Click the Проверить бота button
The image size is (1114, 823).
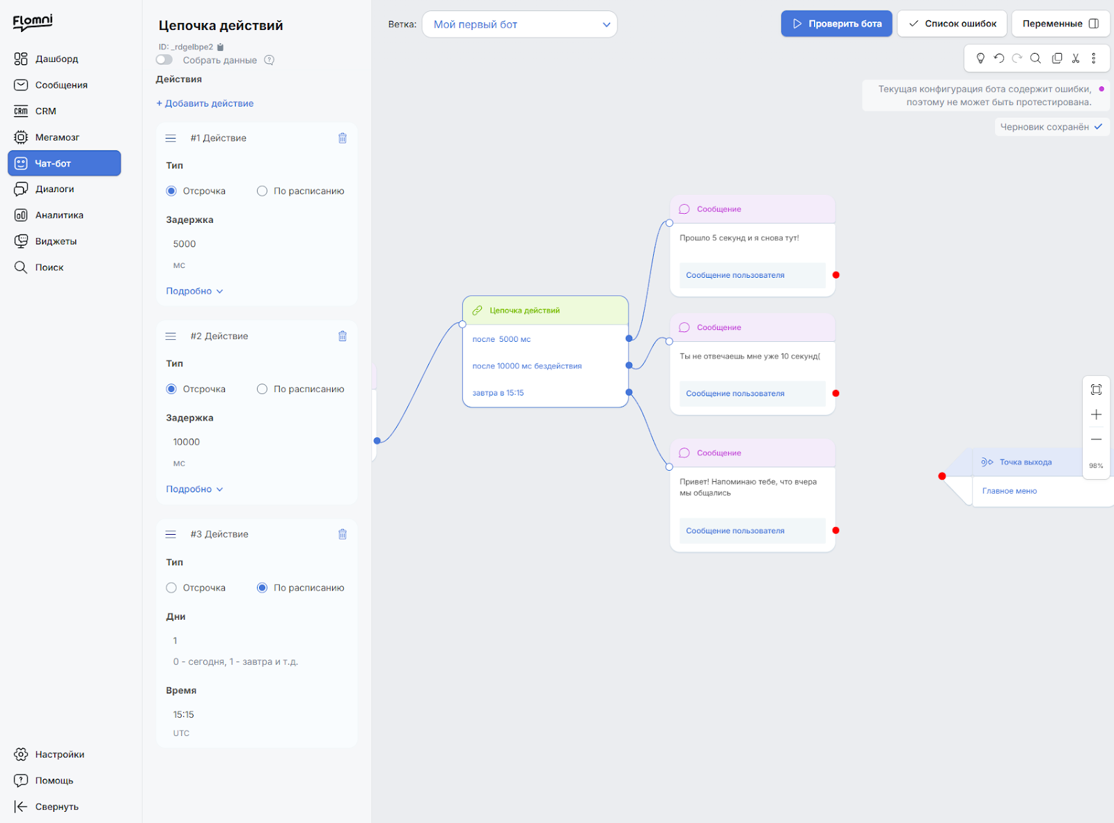tap(836, 24)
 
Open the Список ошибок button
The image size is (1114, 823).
tap(952, 24)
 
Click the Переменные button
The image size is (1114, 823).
tap(1060, 24)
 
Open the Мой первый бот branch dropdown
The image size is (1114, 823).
tap(519, 24)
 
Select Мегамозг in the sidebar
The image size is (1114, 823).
tap(57, 137)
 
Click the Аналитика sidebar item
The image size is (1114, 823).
tap(59, 215)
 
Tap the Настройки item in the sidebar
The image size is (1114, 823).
tap(59, 754)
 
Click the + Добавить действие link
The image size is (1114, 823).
tap(205, 103)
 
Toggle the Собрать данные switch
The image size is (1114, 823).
tap(164, 60)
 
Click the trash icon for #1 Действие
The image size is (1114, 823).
tap(343, 138)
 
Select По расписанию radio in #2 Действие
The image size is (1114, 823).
tap(262, 389)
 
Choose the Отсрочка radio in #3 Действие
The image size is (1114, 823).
tap(171, 588)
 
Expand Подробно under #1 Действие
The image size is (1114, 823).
tap(194, 291)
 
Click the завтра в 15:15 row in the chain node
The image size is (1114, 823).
tap(499, 393)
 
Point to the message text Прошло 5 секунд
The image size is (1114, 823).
tap(739, 237)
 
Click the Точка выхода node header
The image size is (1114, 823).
tap(1025, 462)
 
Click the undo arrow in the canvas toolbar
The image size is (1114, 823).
tap(998, 58)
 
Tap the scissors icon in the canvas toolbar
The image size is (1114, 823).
tap(1075, 58)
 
